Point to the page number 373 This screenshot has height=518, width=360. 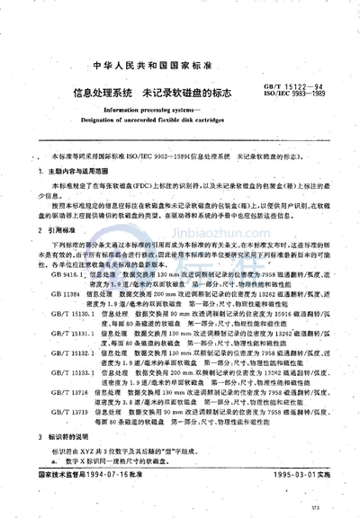pos(326,509)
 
